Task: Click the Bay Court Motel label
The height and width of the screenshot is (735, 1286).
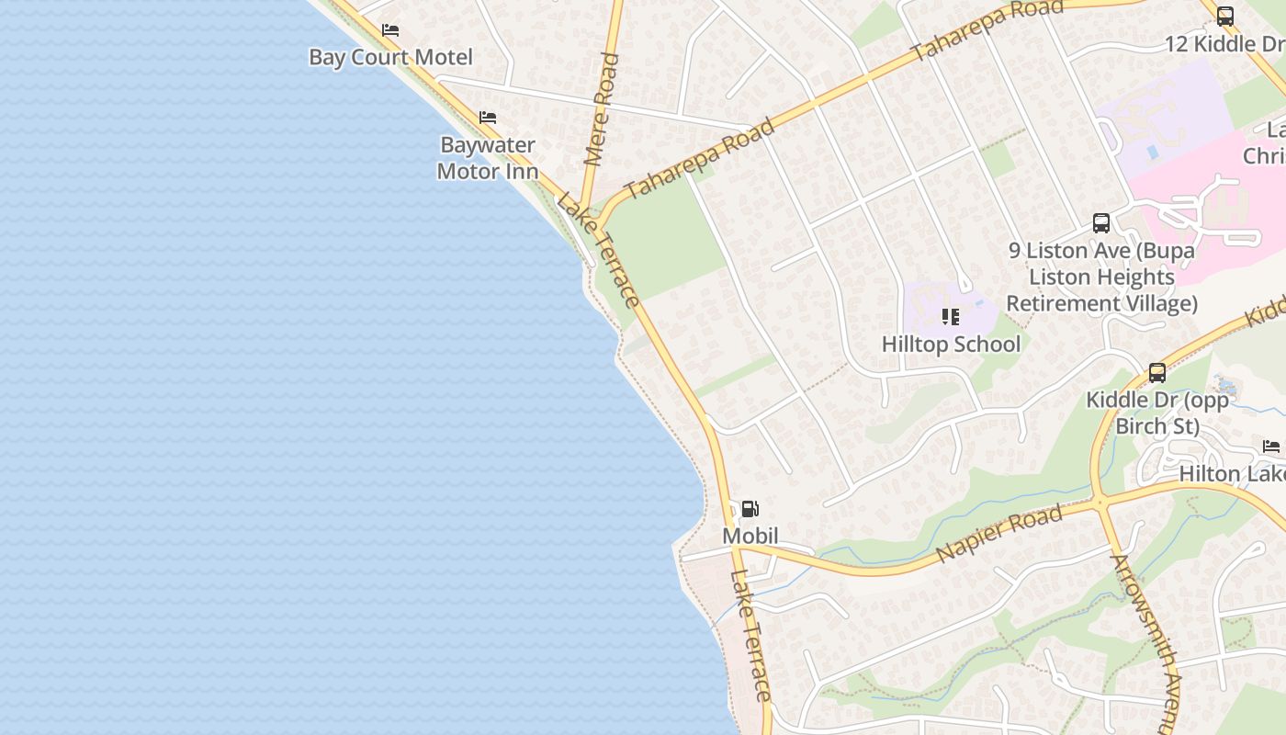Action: pyautogui.click(x=390, y=57)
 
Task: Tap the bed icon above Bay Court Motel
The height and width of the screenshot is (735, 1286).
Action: pyautogui.click(x=390, y=30)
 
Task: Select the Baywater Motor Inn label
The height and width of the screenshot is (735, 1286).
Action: pyautogui.click(x=487, y=158)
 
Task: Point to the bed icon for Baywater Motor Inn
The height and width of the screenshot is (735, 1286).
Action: pyautogui.click(x=488, y=118)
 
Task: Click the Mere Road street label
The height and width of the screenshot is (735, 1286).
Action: pyautogui.click(x=602, y=109)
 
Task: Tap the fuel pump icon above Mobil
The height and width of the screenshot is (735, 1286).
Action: pyautogui.click(x=750, y=509)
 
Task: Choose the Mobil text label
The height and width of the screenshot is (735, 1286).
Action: pyautogui.click(x=750, y=536)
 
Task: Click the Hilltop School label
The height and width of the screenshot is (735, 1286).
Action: pyautogui.click(x=951, y=344)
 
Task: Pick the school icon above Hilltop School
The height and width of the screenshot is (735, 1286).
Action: pyautogui.click(x=951, y=317)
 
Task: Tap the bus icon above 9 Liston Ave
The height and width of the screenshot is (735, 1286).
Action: pyautogui.click(x=1101, y=222)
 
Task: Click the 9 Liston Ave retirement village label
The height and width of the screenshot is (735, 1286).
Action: pyautogui.click(x=1101, y=277)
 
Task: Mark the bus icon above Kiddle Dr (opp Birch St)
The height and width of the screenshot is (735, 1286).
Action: pyautogui.click(x=1157, y=373)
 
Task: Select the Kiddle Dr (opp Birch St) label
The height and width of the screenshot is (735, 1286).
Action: pyautogui.click(x=1157, y=413)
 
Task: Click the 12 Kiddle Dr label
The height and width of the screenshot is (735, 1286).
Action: pyautogui.click(x=1224, y=43)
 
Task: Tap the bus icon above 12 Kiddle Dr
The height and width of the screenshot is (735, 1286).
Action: pyautogui.click(x=1225, y=17)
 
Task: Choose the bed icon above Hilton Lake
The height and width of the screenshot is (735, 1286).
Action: pyautogui.click(x=1271, y=447)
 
